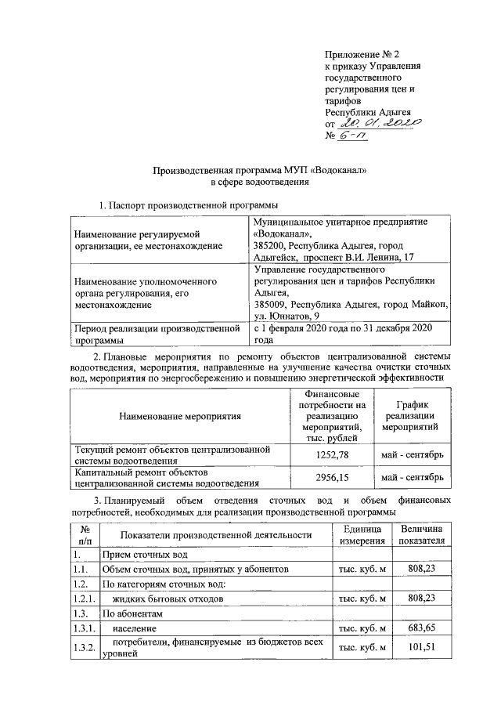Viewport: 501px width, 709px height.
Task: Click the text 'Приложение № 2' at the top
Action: [362, 55]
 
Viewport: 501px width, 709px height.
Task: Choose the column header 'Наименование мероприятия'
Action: [180, 416]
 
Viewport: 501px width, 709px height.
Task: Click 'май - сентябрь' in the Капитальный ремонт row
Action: [413, 477]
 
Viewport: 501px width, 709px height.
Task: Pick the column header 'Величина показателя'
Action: [421, 535]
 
